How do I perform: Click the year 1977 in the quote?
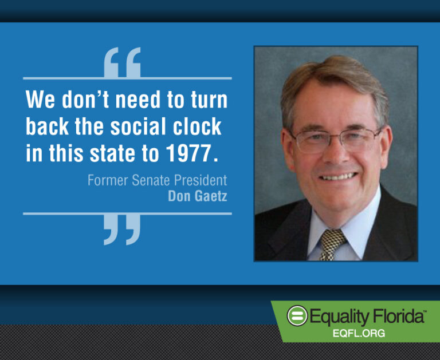[188, 153]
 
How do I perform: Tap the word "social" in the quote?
[138, 126]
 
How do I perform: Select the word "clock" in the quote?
[197, 126]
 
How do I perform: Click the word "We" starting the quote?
[40, 100]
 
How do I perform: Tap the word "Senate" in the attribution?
[151, 180]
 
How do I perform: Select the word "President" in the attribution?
[201, 180]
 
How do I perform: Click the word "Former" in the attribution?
[108, 180]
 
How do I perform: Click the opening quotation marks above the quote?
[122, 62]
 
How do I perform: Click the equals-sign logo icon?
[297, 316]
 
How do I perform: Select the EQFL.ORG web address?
[359, 333]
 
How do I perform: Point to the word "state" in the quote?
[112, 153]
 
